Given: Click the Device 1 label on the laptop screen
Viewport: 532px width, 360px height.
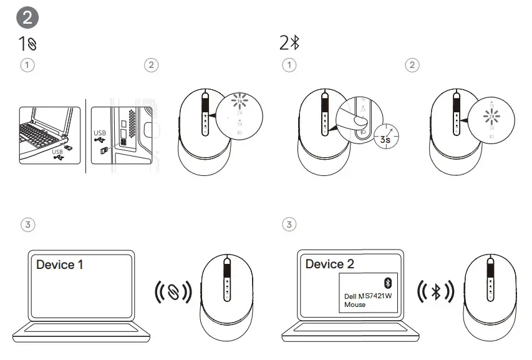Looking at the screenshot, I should pos(60,265).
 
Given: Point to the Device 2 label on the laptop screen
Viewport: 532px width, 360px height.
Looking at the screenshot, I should pos(329,264).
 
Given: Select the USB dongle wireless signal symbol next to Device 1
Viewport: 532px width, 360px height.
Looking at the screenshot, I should pos(173,292).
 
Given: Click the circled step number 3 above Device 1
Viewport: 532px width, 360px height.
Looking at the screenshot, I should pos(27,224).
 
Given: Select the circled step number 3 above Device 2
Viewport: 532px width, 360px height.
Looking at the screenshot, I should pos(289,224).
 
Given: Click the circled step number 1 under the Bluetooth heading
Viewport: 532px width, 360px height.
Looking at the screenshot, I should pos(289,65).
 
